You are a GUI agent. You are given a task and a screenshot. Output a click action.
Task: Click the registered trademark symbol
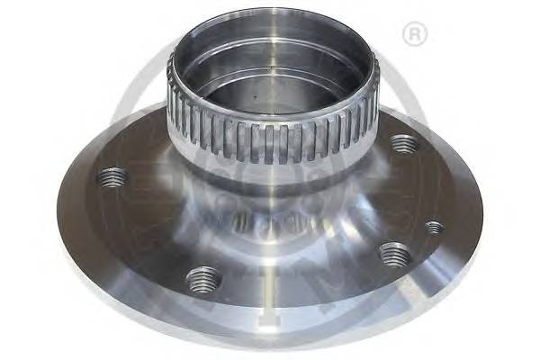pyautogui.click(x=415, y=35)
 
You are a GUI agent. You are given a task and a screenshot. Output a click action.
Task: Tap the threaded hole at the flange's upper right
pyautogui.click(x=403, y=143)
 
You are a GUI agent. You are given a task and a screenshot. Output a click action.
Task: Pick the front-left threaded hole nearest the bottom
pyautogui.click(x=203, y=278)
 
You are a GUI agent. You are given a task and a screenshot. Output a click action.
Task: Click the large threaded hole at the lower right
pyautogui.click(x=395, y=255)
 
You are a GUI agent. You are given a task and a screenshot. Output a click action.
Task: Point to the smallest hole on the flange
pyautogui.click(x=434, y=228)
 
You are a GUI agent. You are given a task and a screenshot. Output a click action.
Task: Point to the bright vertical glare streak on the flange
pyautogui.click(x=270, y=297)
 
